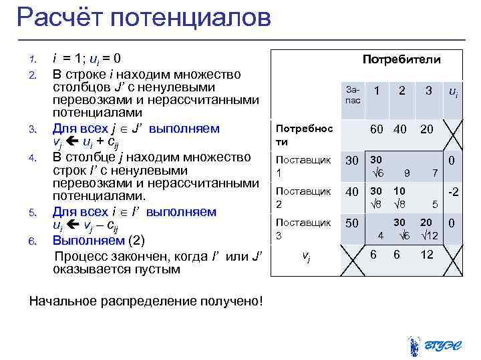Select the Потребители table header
(x=401, y=59)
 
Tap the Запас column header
(x=353, y=94)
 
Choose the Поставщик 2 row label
(x=303, y=197)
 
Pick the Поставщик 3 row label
(x=303, y=228)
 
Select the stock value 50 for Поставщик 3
(x=351, y=222)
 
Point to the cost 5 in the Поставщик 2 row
(x=434, y=203)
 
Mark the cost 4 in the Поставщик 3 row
(x=380, y=235)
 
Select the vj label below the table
(x=305, y=255)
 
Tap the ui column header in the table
(x=452, y=93)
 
